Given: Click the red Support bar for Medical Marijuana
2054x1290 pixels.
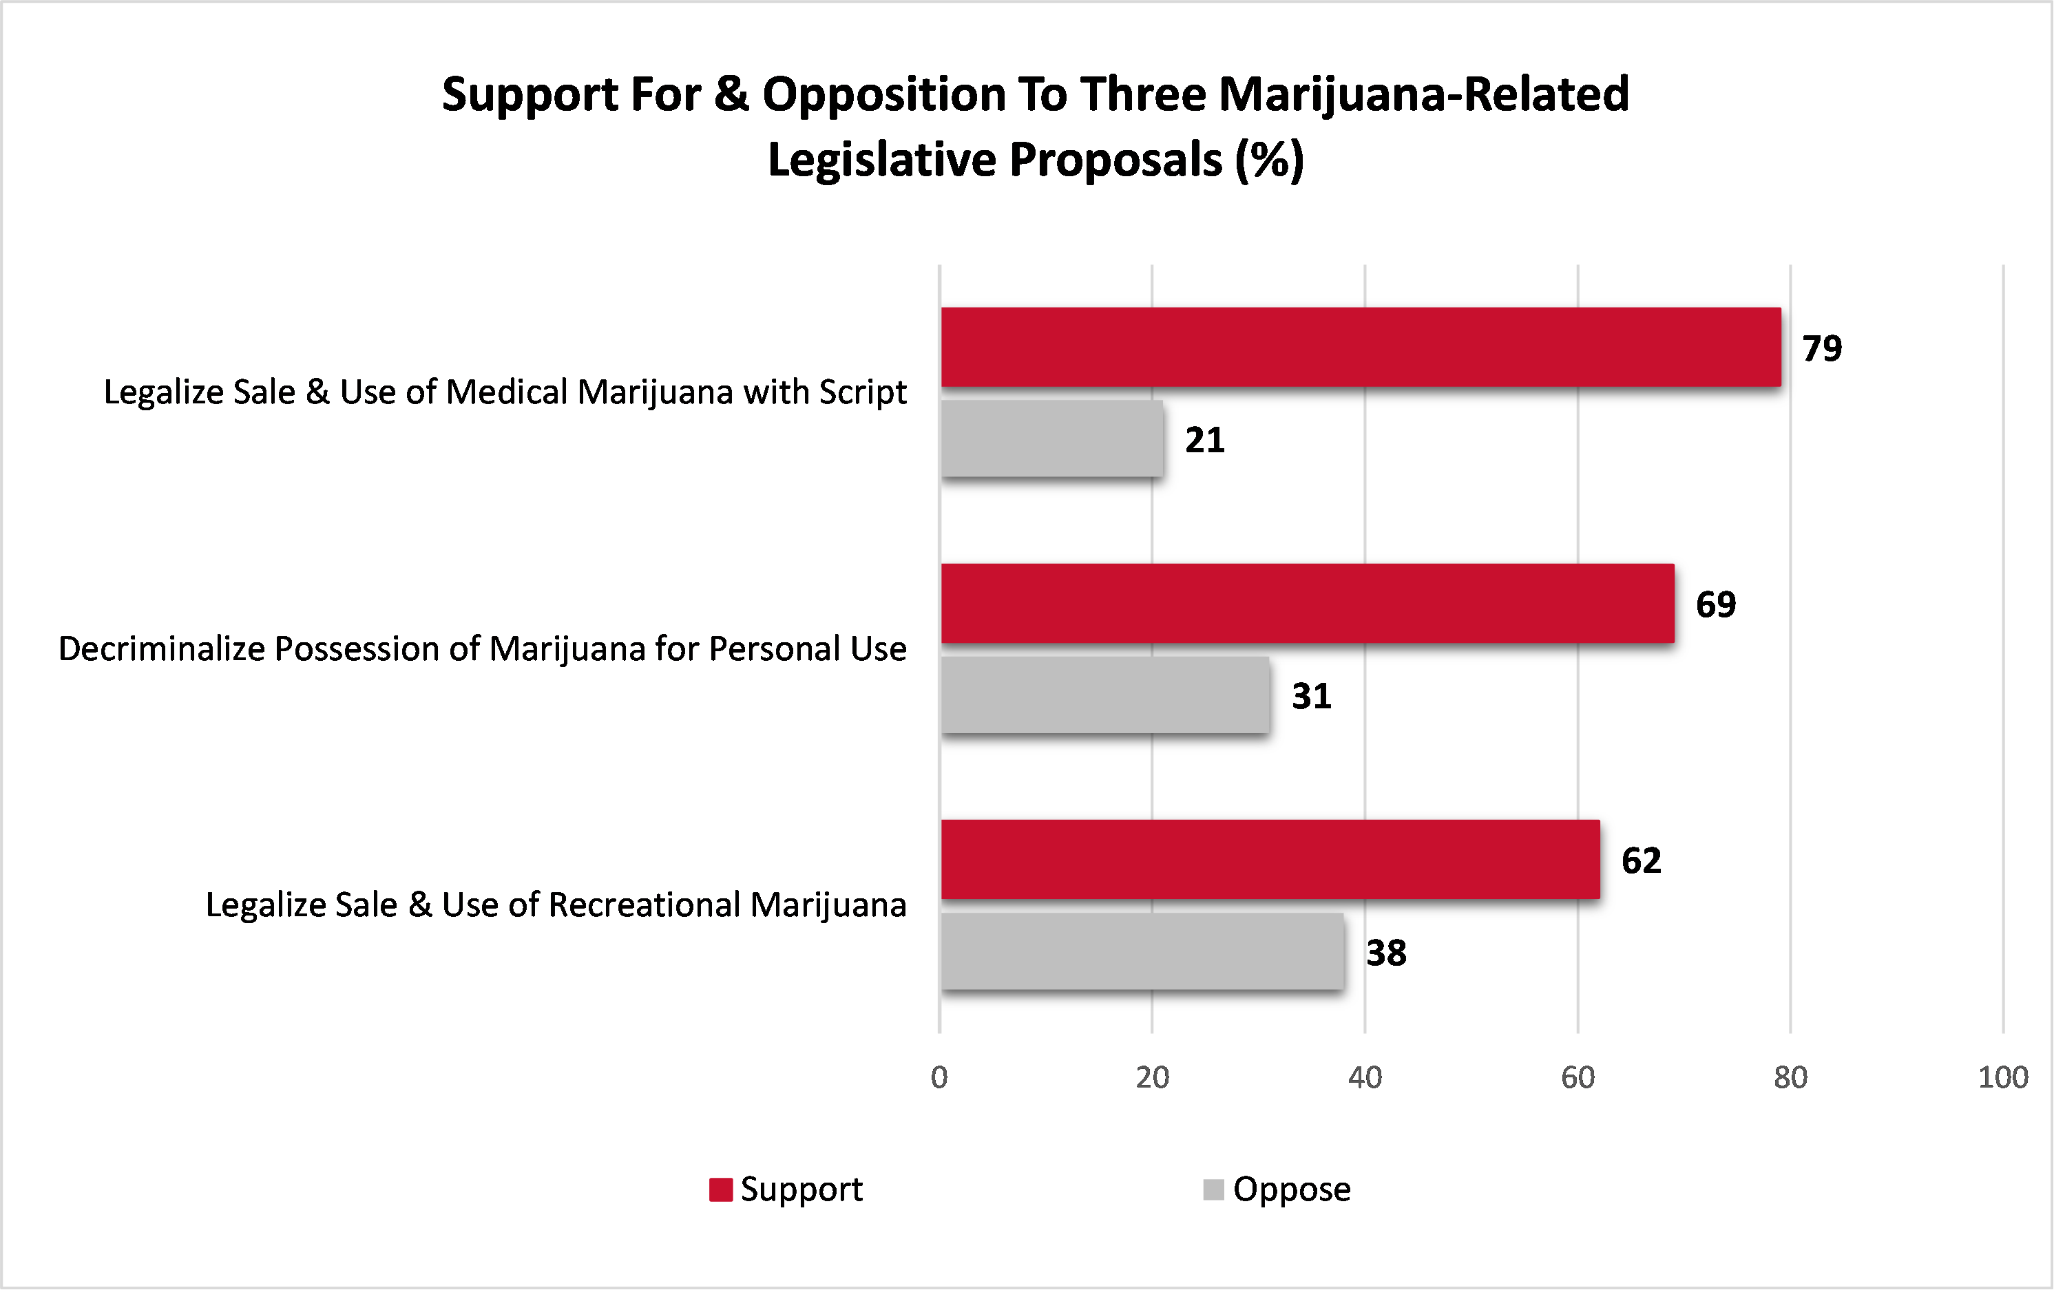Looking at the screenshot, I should point(1361,347).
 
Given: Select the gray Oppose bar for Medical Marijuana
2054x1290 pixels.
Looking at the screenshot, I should point(1051,439).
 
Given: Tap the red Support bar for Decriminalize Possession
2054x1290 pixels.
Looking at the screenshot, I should point(1307,603).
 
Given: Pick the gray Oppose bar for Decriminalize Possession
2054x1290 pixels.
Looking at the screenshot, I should point(1104,695).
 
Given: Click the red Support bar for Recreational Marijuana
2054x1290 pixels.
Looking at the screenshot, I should point(1270,860).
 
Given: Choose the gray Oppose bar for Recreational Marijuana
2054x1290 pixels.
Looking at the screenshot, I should point(1142,951).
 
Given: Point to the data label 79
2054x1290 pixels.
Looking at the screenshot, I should point(1822,349).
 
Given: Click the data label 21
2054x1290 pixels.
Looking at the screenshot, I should point(1204,441).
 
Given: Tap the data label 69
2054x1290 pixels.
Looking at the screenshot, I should point(1715,604).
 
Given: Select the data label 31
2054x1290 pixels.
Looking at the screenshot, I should point(1311,697).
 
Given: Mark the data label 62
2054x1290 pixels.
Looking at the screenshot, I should point(1641,861).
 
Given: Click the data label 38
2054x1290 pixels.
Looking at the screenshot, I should point(1386,953).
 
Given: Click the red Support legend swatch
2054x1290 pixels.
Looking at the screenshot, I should point(721,1189).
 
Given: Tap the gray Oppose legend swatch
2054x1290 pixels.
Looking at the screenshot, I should point(1213,1189).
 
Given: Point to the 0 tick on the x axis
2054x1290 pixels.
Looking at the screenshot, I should point(939,1078).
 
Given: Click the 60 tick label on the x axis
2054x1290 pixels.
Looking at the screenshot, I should point(1578,1078).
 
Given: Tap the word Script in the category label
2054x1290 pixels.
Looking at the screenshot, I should point(862,393).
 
